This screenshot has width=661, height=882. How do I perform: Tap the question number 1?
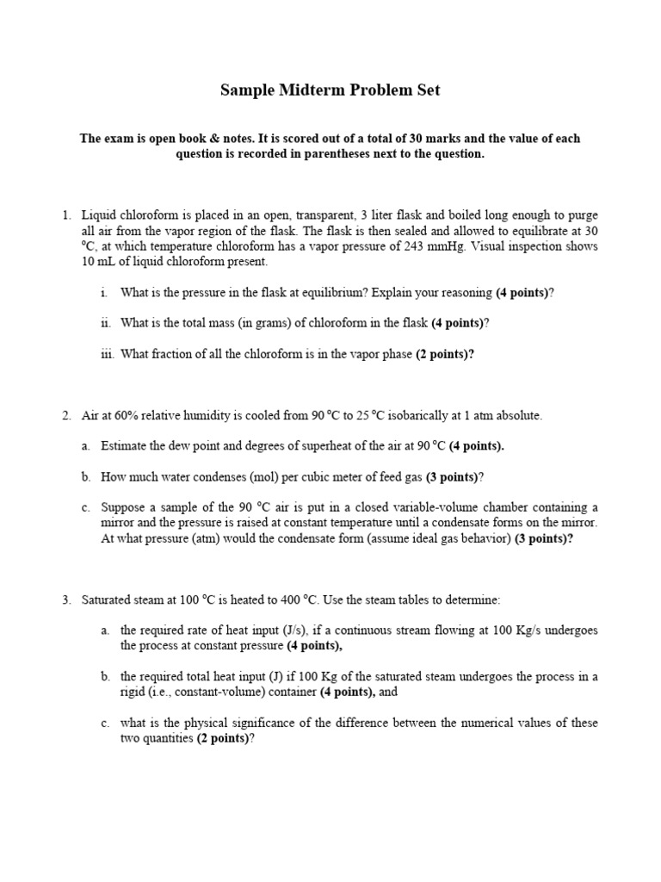coord(65,214)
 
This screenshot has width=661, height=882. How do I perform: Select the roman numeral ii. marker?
coord(106,323)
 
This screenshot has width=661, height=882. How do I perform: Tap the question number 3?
coord(65,599)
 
